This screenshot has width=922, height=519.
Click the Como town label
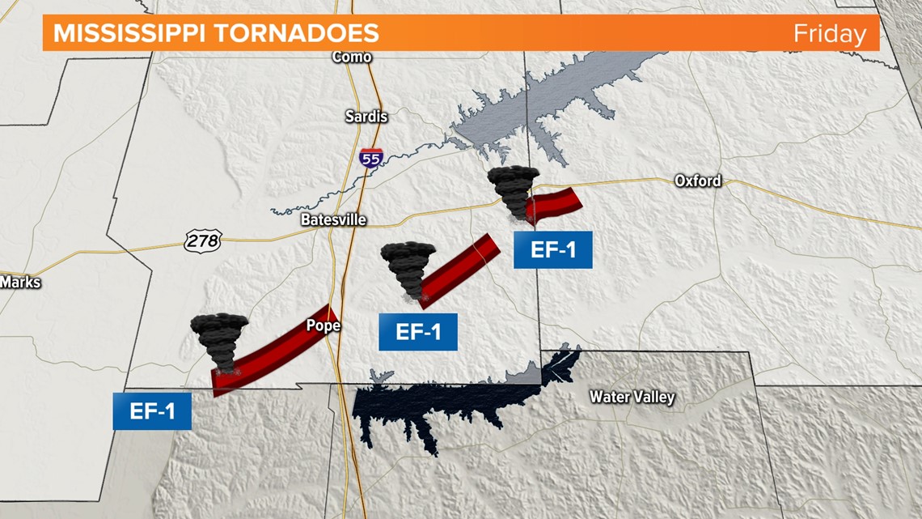[352, 57]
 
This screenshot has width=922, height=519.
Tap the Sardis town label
[366, 117]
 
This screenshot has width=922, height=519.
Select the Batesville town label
[333, 219]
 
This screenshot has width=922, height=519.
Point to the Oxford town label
[698, 181]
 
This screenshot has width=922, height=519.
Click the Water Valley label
[632, 397]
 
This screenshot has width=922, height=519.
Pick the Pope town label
[323, 325]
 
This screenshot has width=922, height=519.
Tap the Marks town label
[20, 283]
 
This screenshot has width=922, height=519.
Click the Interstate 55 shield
[371, 159]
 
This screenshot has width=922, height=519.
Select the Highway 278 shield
[201, 240]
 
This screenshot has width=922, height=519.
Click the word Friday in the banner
[829, 34]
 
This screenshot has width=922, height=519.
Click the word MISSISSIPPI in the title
[129, 33]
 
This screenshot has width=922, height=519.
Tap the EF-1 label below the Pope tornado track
[152, 411]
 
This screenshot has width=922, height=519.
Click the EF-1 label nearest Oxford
[553, 249]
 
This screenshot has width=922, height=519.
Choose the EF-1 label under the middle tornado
[418, 332]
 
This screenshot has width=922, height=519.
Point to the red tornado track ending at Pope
[275, 351]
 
